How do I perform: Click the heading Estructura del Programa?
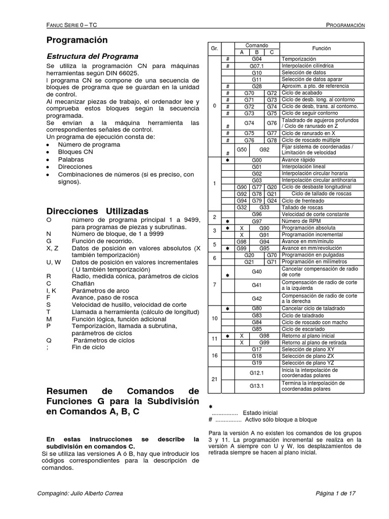point(92,56)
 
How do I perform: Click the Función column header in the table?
point(321,49)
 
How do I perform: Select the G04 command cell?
point(257,59)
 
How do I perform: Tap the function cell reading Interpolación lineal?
point(306,167)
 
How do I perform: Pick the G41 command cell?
point(257,285)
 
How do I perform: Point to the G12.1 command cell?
point(257,373)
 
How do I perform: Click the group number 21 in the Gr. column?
point(214,379)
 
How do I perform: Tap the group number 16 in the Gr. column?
point(214,355)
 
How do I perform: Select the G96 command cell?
point(257,214)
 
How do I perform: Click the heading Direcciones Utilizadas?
point(97,211)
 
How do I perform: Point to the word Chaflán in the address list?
point(84,284)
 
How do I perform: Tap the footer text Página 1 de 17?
point(336,493)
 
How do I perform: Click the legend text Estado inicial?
point(260,413)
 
